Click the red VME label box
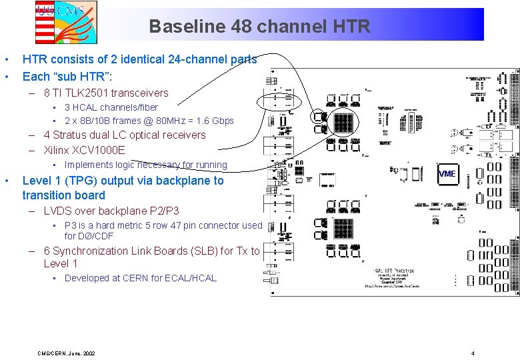click(x=447, y=173)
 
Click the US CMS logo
click(x=66, y=21)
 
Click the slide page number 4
click(x=472, y=353)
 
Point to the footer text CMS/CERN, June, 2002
click(x=67, y=353)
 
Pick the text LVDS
click(x=57, y=211)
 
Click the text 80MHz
click(x=165, y=121)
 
